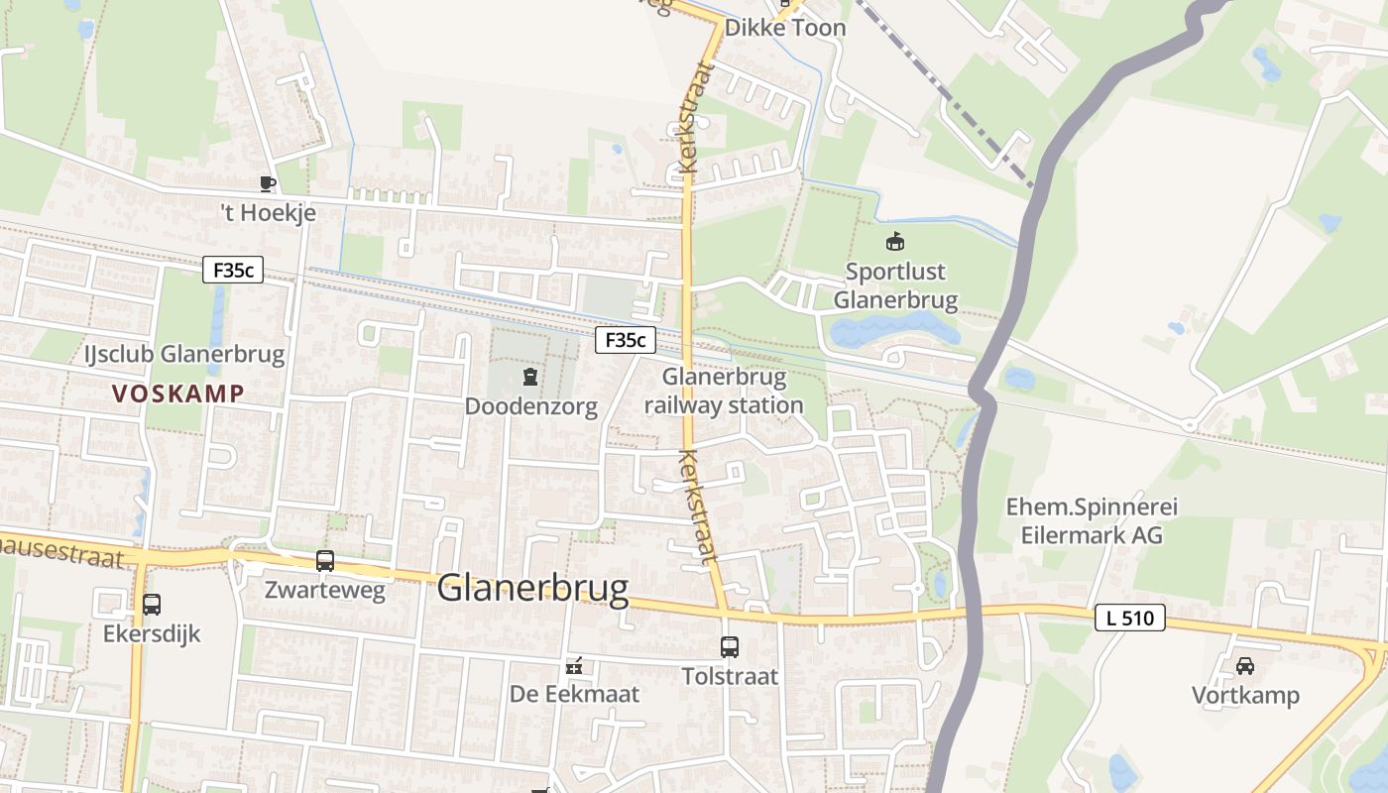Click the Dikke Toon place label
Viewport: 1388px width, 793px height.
[x=785, y=28]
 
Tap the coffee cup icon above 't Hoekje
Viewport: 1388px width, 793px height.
[x=267, y=183]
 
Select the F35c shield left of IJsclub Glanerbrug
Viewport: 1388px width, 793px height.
[x=233, y=270]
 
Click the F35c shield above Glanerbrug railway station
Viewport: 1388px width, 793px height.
[x=626, y=341]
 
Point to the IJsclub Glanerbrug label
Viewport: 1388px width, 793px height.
[x=184, y=354]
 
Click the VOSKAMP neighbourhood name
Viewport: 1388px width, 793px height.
[x=177, y=394]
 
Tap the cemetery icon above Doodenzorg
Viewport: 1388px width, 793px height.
[x=530, y=377]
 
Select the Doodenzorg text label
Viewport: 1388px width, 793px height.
[x=530, y=406]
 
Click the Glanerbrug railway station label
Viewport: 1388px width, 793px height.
[x=724, y=391]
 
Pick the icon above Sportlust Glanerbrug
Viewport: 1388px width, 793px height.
[x=895, y=241]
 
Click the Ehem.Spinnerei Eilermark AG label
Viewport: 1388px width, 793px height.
[x=1092, y=520]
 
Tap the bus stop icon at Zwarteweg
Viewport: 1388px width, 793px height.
[x=325, y=561]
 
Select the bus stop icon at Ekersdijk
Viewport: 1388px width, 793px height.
[x=152, y=605]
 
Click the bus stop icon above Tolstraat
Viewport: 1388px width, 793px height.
[x=730, y=647]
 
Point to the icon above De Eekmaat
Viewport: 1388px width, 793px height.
[x=574, y=666]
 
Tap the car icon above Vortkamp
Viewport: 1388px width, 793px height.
[x=1245, y=666]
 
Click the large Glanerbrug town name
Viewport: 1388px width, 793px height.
[x=532, y=588]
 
